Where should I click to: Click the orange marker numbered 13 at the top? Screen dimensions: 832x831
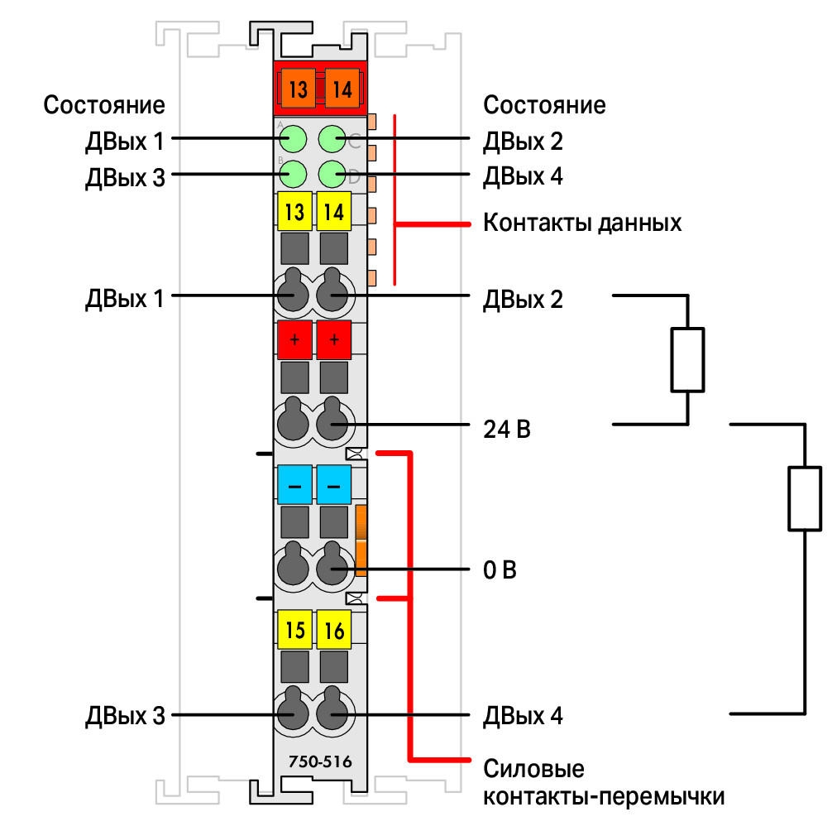click(x=299, y=88)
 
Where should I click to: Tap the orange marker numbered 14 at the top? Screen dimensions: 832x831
click(x=342, y=88)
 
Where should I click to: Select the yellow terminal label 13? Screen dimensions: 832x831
click(x=294, y=211)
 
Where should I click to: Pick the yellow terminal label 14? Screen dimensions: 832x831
click(x=334, y=211)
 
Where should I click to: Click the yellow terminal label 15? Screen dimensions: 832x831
click(x=294, y=630)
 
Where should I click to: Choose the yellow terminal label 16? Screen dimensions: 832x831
click(x=334, y=630)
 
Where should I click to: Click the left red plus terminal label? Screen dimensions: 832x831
click(x=294, y=339)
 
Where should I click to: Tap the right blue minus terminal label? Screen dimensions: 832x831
click(x=334, y=484)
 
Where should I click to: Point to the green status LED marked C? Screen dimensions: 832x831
click(x=332, y=138)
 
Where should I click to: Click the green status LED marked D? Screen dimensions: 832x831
click(x=332, y=174)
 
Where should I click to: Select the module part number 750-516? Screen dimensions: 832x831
click(x=320, y=761)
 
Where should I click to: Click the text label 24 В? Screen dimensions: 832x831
click(x=507, y=429)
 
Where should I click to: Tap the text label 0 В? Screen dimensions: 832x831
click(x=500, y=569)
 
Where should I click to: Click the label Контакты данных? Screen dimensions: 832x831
click(x=582, y=223)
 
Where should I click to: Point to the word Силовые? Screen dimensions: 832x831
click(x=533, y=768)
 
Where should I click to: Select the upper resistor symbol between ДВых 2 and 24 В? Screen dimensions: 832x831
click(x=687, y=360)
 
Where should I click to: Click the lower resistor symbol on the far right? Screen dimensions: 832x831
click(x=805, y=498)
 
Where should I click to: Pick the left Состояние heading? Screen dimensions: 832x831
click(x=104, y=104)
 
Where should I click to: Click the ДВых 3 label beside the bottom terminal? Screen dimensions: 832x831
click(x=125, y=715)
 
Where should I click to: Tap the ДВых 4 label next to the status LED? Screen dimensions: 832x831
click(x=523, y=176)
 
